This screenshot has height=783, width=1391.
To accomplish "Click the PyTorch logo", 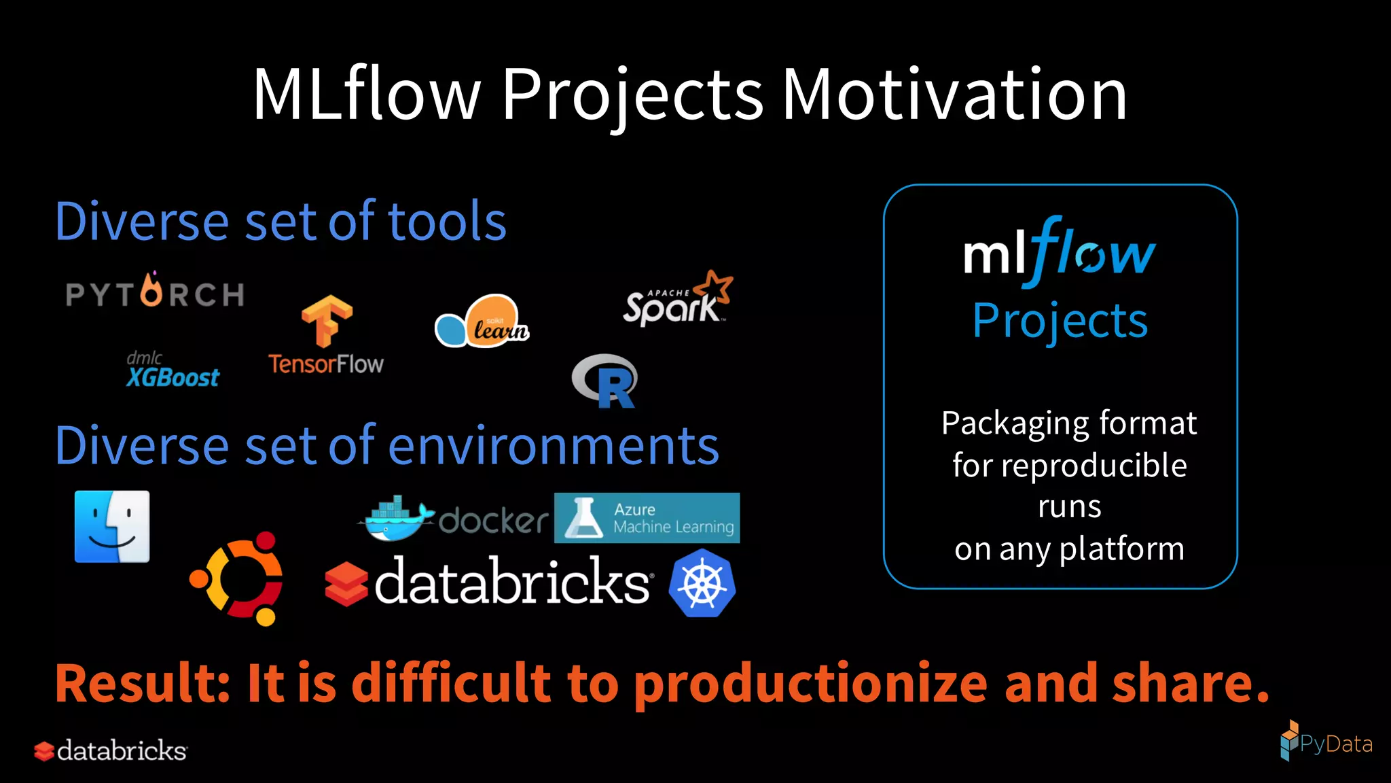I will coord(155,292).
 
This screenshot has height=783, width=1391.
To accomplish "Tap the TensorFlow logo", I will coord(326,336).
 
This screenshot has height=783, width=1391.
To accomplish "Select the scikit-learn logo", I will coord(482,321).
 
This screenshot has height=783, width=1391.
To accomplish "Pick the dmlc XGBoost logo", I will coord(173,370).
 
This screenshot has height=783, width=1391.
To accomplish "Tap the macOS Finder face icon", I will coord(112,527).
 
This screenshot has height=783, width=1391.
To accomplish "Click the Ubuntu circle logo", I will coord(237,578).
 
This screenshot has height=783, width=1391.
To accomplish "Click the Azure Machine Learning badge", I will coord(647,518).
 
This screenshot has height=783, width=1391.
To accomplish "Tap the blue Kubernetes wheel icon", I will coord(702,583).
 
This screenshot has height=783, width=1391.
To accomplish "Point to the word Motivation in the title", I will coord(954,94).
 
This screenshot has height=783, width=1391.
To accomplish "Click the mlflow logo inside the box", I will coord(1059,252).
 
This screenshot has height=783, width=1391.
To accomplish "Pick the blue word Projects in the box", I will coord(1060,321).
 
